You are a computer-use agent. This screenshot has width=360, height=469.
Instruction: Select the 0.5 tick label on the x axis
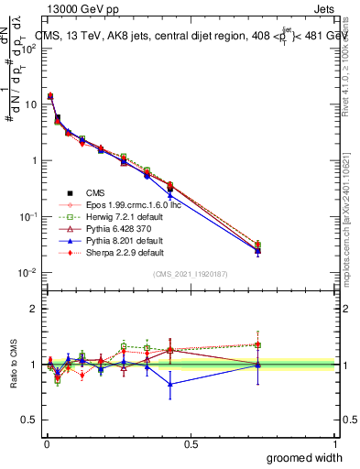click(x=191, y=443)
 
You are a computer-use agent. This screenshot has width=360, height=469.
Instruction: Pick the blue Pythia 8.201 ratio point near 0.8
click(x=169, y=384)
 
